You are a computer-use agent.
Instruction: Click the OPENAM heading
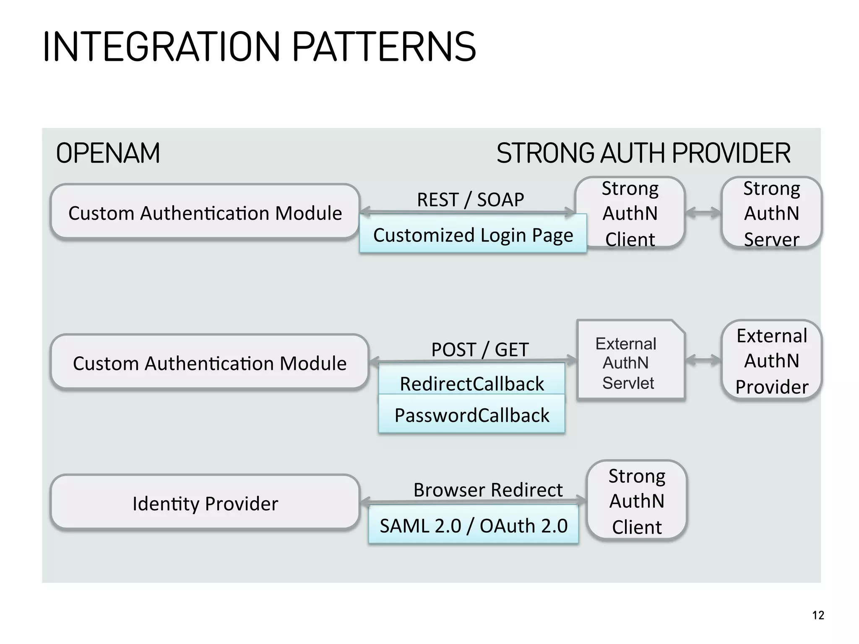108,153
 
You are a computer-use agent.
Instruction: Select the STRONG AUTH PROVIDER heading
643,153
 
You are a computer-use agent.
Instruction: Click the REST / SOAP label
470,200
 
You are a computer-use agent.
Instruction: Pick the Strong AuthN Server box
771,213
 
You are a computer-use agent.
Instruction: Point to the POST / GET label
480,349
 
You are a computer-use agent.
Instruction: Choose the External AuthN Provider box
771,361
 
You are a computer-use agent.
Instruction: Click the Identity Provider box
205,503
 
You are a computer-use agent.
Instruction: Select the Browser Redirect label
488,490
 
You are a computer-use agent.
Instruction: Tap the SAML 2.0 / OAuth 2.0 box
473,525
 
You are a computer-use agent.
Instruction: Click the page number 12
818,615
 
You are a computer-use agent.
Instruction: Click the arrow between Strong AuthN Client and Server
703,213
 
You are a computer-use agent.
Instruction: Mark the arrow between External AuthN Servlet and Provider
703,360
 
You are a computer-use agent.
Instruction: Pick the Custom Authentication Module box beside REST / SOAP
205,213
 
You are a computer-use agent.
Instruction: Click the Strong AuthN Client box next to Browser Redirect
636,501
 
